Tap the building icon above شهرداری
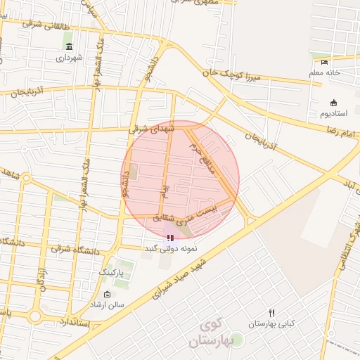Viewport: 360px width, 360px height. (x=67, y=46)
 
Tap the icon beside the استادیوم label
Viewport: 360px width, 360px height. (x=333, y=102)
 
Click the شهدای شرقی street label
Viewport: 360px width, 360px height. (x=148, y=129)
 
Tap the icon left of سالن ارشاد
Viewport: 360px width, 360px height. (x=107, y=295)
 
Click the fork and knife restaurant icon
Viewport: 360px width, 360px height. (x=271, y=313)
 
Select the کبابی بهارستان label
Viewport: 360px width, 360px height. (x=271, y=325)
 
